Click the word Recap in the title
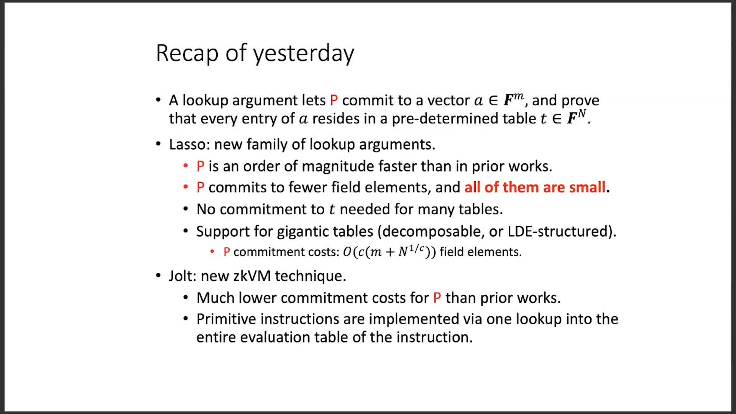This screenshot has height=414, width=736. tap(187, 53)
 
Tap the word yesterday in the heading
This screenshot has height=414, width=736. tap(304, 53)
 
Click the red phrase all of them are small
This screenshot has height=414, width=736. tap(535, 187)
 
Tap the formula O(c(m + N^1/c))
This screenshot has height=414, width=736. tap(389, 251)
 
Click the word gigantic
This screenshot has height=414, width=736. tap(302, 232)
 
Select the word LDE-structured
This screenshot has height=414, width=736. tap(559, 232)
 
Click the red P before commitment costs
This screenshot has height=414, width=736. tap(227, 252)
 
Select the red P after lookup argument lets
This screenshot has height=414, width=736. tap(334, 100)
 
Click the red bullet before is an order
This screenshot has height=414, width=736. tap(186, 166)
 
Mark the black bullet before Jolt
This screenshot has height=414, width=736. tap(158, 276)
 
